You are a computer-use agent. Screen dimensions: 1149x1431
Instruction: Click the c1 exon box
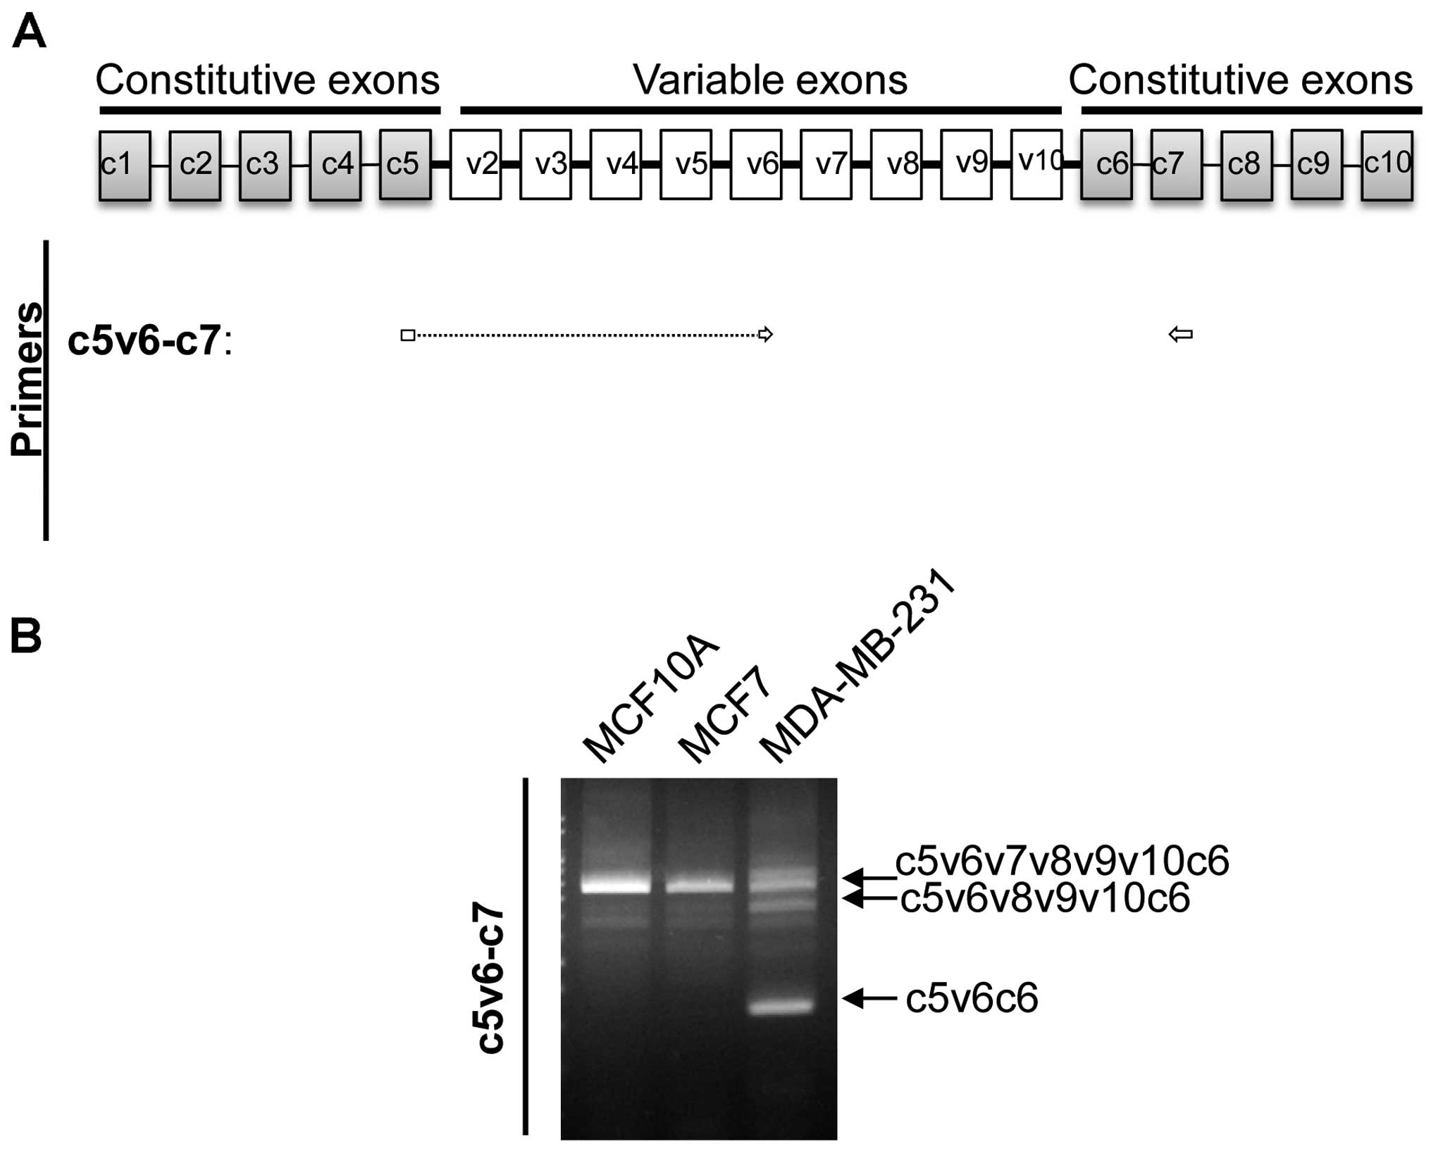125,165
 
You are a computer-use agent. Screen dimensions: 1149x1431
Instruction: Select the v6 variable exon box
756,165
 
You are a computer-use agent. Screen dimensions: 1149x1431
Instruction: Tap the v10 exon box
1036,165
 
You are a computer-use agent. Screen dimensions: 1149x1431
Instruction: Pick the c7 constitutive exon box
1176,165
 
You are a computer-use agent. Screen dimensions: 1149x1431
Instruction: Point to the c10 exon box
1387,165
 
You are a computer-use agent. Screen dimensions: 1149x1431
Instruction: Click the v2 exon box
476,165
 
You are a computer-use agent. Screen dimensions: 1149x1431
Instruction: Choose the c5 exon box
405,165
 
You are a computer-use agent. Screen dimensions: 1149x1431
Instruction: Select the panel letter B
26,636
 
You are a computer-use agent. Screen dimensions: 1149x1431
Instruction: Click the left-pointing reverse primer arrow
1181,335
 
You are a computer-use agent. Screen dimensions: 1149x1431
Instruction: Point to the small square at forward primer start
407,335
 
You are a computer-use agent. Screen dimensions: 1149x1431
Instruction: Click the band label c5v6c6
971,998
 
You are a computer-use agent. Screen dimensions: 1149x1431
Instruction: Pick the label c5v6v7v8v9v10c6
1062,861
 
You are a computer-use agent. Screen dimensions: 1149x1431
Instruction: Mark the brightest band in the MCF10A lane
616,885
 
